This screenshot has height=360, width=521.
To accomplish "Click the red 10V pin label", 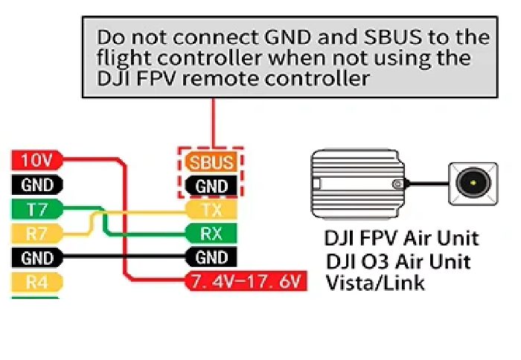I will pyautogui.click(x=36, y=160).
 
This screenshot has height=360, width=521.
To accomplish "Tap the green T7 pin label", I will pyautogui.click(x=36, y=209).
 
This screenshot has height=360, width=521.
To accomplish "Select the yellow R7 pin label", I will pyautogui.click(x=36, y=234).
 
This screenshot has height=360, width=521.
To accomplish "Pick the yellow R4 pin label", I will pyautogui.click(x=36, y=282).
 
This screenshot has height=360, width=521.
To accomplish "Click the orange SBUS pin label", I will pyautogui.click(x=211, y=162).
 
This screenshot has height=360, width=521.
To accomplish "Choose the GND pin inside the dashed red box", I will pyautogui.click(x=211, y=186).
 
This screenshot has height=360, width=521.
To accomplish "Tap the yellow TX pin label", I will pyautogui.click(x=211, y=210).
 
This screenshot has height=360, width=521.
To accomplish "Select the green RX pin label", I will pyautogui.click(x=211, y=234).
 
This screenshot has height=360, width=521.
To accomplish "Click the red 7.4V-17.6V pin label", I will pyautogui.click(x=246, y=282).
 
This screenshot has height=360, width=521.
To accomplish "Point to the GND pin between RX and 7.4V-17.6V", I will pyautogui.click(x=211, y=258).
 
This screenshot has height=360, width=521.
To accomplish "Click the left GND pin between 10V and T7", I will pyautogui.click(x=36, y=184).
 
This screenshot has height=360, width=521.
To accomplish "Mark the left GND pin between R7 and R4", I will pyautogui.click(x=36, y=258).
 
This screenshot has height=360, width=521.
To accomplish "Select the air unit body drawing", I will pyautogui.click(x=355, y=182).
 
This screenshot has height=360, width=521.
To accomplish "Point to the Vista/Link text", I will pyautogui.click(x=376, y=283).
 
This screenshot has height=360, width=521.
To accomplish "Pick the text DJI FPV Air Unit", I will pyautogui.click(x=401, y=239).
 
